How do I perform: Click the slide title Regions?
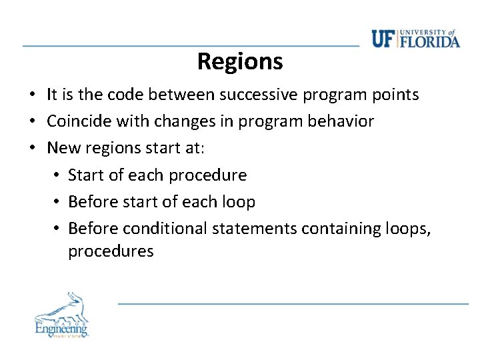pos(240,62)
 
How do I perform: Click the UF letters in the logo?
pos(383,39)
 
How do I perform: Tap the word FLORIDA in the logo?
pos(429,41)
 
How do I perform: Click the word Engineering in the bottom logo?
pos(61,328)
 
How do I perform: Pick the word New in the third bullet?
pos(63,148)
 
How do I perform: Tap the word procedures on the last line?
pos(111,251)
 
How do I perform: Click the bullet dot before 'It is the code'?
pos(32,95)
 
